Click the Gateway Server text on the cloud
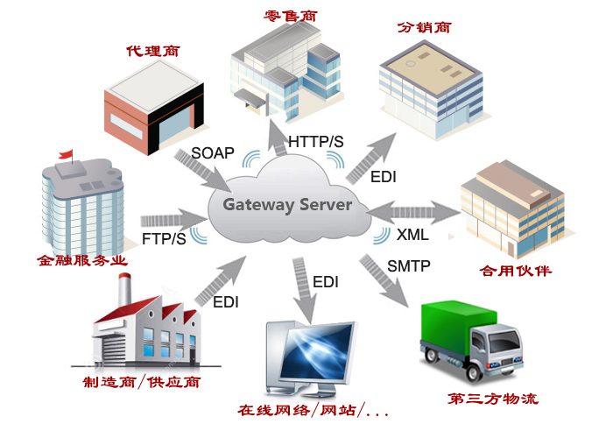[287, 205]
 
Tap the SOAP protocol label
[213, 153]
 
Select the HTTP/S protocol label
[316, 142]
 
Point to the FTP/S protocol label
[164, 238]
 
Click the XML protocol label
[412, 235]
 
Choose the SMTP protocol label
[409, 266]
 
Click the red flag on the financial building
[66, 153]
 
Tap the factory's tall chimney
[124, 289]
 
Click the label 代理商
[153, 51]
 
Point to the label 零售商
[291, 16]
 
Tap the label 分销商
[425, 27]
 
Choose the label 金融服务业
[82, 260]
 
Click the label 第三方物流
[493, 399]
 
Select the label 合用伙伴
[516, 271]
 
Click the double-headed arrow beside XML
[412, 213]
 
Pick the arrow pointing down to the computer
[303, 290]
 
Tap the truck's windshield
[504, 341]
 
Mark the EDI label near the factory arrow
[226, 302]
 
